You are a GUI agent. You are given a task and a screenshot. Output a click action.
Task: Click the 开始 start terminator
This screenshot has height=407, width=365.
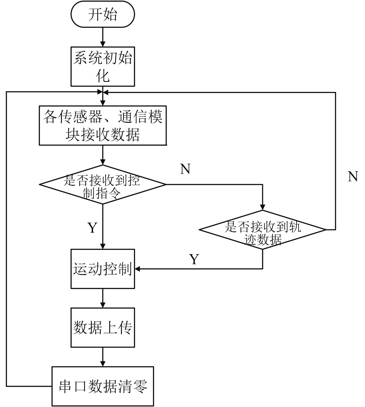(x=103, y=14)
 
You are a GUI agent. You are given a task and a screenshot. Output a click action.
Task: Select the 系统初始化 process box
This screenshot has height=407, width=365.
(x=103, y=66)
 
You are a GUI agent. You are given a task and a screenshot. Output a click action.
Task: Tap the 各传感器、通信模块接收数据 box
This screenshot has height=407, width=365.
(x=103, y=125)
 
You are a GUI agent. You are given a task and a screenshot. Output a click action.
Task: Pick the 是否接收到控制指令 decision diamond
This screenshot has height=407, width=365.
(x=103, y=184)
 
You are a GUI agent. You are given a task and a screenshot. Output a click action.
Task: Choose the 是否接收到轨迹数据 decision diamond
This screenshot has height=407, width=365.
(x=262, y=230)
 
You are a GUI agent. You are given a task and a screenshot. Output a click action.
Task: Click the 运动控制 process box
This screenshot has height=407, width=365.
(x=103, y=269)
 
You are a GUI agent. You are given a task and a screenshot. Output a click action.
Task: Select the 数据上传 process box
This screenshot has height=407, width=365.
(x=103, y=327)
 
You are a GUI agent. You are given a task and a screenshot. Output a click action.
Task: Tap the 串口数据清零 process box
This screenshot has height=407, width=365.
(x=103, y=386)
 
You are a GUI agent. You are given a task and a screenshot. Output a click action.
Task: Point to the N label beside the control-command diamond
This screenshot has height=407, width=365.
(x=185, y=169)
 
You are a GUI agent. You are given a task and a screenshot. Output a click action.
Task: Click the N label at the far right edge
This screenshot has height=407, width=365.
(x=353, y=177)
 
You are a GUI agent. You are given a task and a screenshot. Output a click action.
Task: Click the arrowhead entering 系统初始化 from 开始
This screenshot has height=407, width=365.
(x=103, y=44)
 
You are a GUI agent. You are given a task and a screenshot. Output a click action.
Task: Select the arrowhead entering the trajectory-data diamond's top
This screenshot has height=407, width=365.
(x=262, y=207)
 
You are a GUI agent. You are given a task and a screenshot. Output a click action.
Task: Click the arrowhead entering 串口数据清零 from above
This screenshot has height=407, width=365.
(x=103, y=364)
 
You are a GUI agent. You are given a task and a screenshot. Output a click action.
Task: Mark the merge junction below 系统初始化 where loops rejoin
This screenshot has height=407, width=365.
(x=103, y=92)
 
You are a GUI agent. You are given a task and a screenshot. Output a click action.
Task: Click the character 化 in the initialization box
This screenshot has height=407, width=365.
(x=103, y=76)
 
